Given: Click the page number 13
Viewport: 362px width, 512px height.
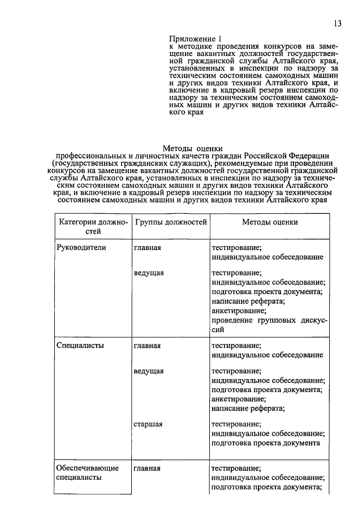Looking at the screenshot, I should (x=338, y=23).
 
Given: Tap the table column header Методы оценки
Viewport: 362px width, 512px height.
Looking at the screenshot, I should (x=270, y=222).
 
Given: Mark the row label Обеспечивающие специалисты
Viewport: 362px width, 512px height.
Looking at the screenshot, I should (x=79, y=473).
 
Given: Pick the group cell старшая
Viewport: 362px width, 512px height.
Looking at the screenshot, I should (x=149, y=423).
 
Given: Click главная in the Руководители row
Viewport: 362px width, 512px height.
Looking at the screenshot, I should (x=148, y=247).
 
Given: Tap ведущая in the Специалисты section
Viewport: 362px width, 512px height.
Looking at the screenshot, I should (x=149, y=371).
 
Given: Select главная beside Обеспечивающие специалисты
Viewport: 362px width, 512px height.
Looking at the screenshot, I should (x=148, y=468).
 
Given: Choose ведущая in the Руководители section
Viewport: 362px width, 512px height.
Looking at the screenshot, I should (x=149, y=273).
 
